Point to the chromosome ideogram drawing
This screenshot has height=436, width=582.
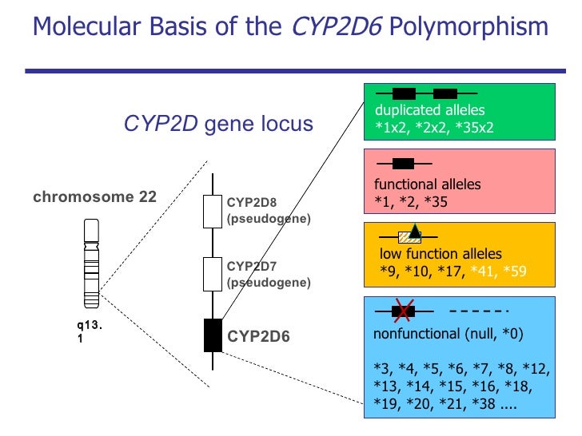click(92, 264)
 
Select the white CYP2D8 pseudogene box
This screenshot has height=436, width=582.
click(212, 212)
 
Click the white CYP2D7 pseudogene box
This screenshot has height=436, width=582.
click(212, 273)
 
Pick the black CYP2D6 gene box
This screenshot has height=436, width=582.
click(213, 335)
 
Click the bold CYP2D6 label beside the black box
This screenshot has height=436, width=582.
click(258, 336)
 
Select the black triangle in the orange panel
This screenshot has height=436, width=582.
click(415, 232)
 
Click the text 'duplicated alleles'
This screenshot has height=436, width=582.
click(430, 110)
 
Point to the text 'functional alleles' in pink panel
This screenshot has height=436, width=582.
click(428, 184)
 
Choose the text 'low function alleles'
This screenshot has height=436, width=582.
click(440, 254)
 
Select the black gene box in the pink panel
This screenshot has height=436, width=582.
click(404, 164)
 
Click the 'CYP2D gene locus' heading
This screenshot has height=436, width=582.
click(218, 124)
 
